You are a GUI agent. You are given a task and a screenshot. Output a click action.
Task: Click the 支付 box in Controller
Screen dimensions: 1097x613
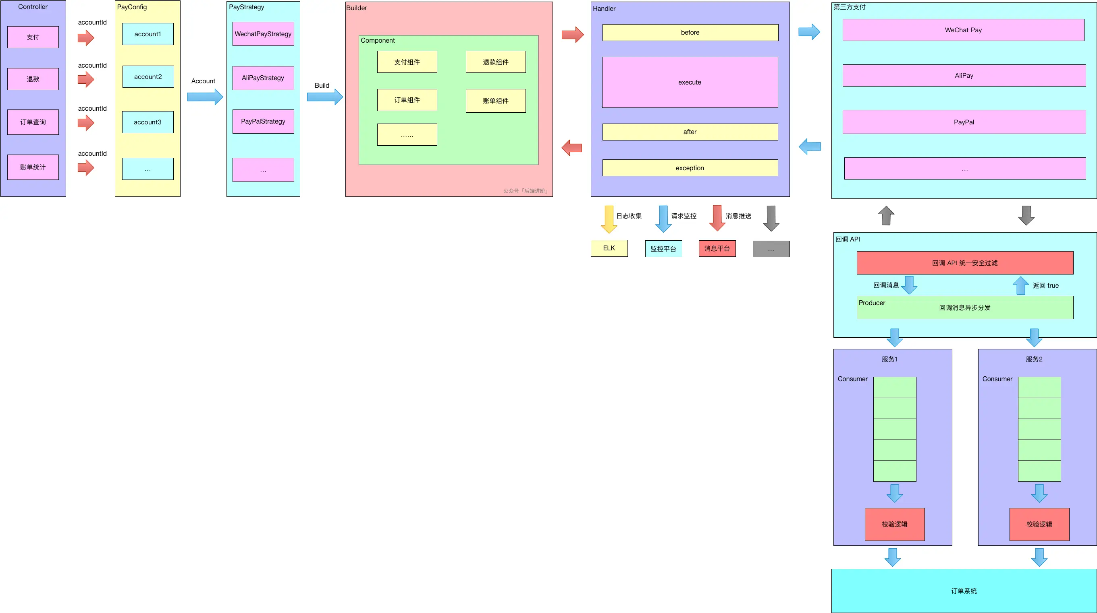(33, 37)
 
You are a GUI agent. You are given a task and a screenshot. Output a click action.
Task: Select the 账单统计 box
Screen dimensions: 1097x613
(33, 167)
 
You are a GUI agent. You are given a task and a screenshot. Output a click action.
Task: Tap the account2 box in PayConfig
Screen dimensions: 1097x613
(148, 76)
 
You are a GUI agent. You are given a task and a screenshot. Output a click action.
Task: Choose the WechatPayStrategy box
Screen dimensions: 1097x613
(263, 33)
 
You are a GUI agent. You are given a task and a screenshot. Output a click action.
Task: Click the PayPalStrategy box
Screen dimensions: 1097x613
(263, 121)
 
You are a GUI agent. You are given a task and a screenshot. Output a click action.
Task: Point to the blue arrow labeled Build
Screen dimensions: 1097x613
(325, 97)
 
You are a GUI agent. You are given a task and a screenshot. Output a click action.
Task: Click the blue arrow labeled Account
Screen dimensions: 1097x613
(205, 97)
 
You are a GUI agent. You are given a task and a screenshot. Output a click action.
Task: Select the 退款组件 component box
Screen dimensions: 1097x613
(496, 62)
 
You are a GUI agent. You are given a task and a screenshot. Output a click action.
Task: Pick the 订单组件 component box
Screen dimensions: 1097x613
(407, 100)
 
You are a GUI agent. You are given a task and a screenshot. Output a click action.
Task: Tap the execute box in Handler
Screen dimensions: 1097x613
(690, 82)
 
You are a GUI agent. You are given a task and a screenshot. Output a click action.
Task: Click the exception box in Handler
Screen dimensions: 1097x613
(690, 168)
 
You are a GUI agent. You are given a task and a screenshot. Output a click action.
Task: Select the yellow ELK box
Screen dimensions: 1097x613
(609, 248)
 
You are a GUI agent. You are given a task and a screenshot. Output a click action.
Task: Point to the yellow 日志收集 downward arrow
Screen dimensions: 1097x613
(609, 219)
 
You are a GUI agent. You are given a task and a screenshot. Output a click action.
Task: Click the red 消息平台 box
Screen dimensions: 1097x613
(717, 248)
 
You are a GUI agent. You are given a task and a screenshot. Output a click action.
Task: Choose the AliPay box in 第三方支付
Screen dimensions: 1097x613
(964, 75)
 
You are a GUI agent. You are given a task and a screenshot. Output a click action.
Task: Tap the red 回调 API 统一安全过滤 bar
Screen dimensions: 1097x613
(965, 263)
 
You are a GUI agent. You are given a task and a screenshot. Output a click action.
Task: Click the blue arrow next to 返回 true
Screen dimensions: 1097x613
(1021, 285)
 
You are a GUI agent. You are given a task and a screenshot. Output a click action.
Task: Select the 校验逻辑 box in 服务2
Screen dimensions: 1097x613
(1039, 524)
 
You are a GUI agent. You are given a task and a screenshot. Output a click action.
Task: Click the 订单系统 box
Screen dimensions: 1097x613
(964, 591)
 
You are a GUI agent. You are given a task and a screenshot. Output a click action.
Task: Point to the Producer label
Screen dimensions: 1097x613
(872, 303)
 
